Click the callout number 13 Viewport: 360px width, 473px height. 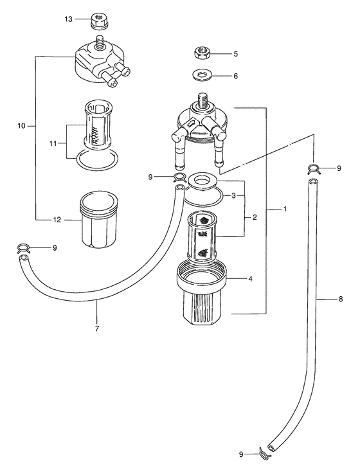68,19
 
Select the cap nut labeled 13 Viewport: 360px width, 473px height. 98,21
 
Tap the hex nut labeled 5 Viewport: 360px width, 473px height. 201,54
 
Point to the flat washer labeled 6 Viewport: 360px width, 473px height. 202,75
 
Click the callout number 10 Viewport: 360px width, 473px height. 21,125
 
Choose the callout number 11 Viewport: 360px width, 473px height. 53,143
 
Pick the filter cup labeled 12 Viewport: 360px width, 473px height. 98,219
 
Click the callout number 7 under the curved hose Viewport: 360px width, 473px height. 97,328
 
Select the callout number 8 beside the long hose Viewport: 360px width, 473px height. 340,299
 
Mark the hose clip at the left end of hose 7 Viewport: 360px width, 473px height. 24,248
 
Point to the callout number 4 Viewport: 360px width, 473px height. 250,279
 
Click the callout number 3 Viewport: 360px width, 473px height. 233,195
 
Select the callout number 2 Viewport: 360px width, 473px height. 255,217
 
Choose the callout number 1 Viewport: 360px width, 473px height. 285,209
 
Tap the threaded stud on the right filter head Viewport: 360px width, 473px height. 203,101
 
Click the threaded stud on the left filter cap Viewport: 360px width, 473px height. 98,42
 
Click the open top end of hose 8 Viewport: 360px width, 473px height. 313,183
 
